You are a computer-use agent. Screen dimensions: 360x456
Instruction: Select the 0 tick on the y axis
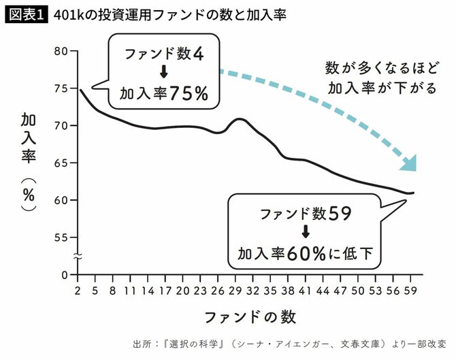click(x=65, y=275)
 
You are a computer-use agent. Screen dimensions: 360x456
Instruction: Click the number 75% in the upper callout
click(x=189, y=94)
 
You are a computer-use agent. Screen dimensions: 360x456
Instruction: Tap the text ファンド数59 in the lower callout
click(x=305, y=214)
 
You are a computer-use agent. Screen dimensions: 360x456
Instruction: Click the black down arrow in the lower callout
click(x=305, y=233)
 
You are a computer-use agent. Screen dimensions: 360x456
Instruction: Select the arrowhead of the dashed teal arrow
click(x=409, y=163)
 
